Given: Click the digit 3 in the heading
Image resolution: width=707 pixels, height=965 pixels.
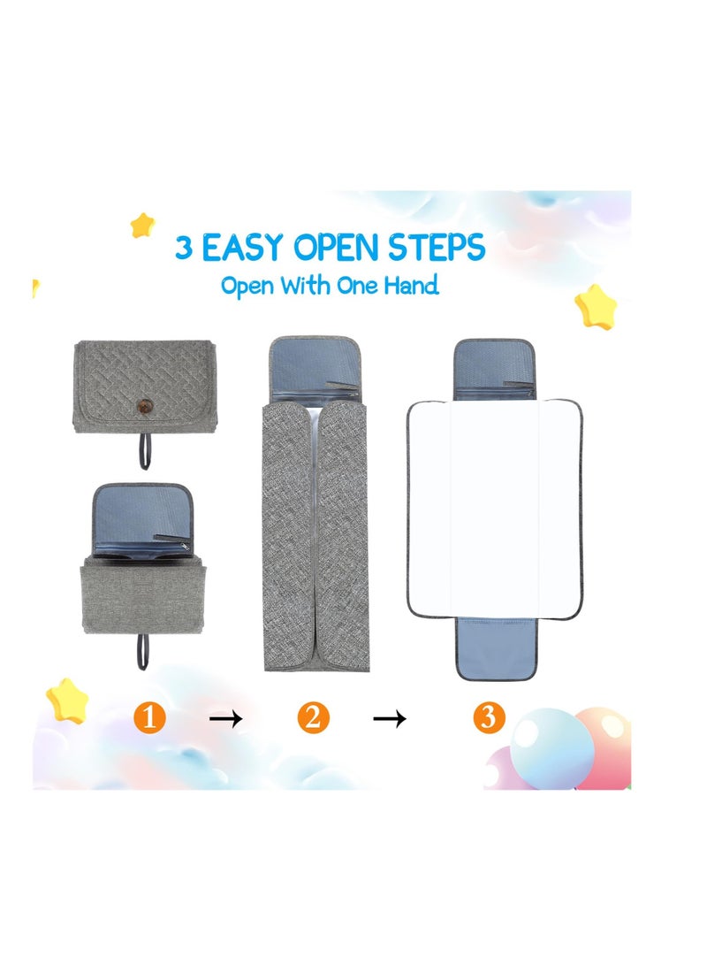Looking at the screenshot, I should [184, 248].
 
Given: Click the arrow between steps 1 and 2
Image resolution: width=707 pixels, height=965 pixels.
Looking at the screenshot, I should [225, 719].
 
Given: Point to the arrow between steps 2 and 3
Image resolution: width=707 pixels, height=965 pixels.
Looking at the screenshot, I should [389, 719].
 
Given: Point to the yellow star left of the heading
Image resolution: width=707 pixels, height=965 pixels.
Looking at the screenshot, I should [142, 225].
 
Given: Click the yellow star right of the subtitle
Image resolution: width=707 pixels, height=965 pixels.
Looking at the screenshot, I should [595, 306].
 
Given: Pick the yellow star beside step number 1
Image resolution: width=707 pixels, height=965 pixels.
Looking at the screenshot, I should [68, 700].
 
